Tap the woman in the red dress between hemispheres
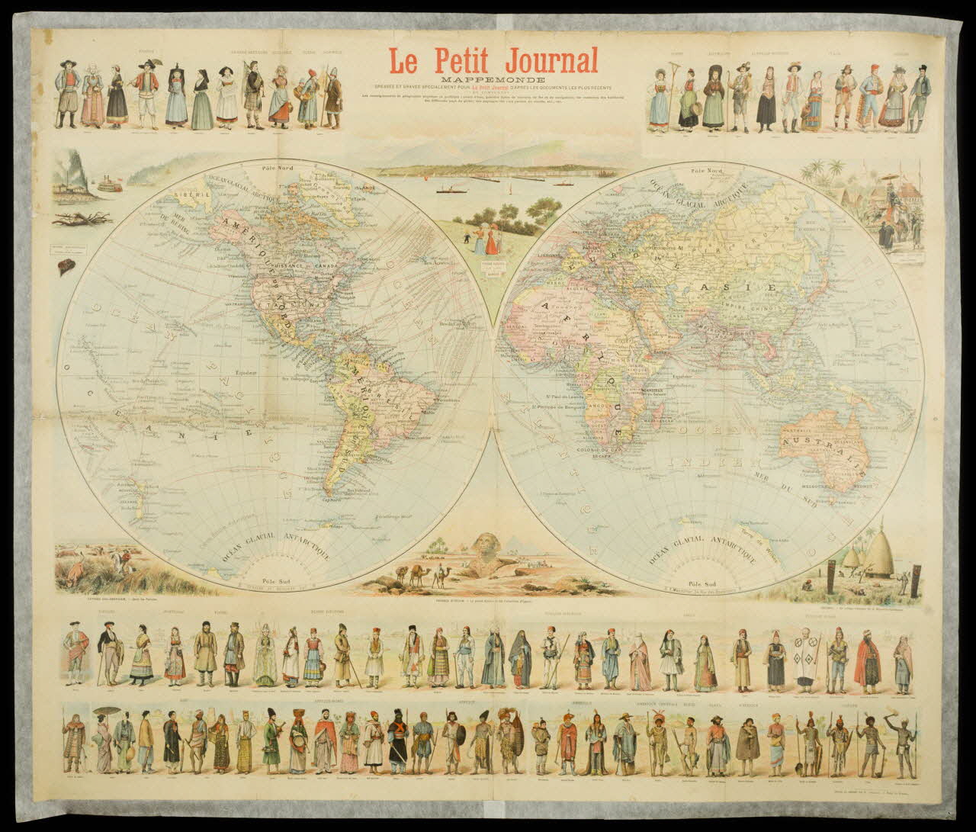coord(493,240)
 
